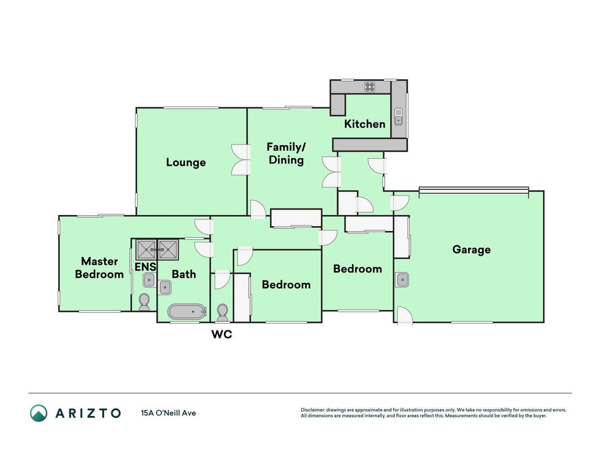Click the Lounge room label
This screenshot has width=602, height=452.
point(186,162)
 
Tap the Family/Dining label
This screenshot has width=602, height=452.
point(286,153)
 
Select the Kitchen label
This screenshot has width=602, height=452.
point(364,124)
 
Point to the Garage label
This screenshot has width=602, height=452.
point(472,249)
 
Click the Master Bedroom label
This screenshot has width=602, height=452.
point(99,267)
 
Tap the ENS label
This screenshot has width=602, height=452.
point(146,266)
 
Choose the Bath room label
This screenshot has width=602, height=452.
point(183,274)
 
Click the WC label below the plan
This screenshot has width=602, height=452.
point(222,334)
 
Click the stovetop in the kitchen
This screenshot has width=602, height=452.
point(370,87)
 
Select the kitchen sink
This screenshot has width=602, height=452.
point(399,116)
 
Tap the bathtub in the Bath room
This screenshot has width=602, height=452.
point(187,312)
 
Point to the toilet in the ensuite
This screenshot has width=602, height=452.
point(144,302)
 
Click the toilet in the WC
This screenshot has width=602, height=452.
point(222,312)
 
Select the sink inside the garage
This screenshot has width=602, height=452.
point(402,280)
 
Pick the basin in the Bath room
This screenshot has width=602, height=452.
point(165,287)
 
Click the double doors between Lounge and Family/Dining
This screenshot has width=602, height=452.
point(241,160)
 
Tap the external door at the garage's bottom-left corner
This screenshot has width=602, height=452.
point(405,316)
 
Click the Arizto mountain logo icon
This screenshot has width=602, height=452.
point(39,413)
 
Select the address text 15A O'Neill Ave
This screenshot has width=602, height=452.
point(169,413)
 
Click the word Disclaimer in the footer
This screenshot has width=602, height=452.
point(313,410)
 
